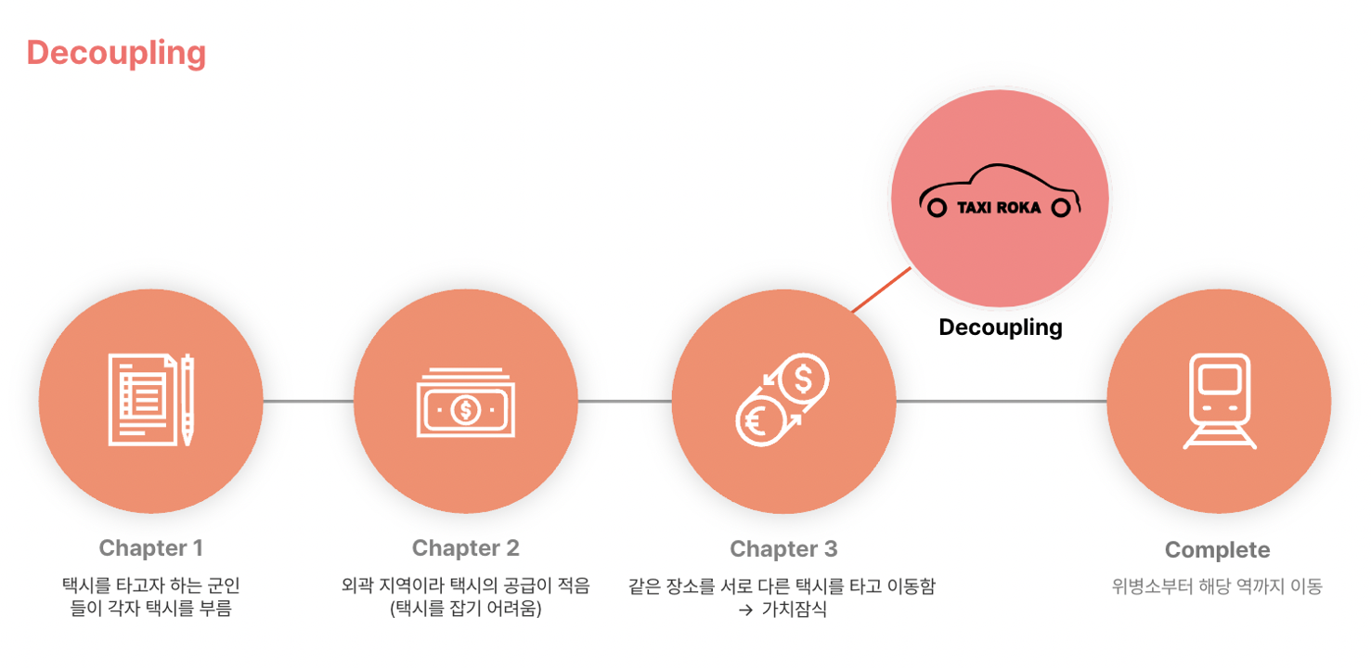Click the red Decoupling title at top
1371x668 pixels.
(116, 54)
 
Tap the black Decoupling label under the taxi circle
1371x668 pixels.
(1000, 328)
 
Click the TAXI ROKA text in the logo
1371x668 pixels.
(999, 208)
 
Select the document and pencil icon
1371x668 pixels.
(150, 400)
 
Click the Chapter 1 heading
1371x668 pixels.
(150, 548)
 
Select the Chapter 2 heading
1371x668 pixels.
(465, 548)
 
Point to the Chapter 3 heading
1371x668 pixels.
(783, 549)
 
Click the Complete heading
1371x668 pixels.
(1217, 550)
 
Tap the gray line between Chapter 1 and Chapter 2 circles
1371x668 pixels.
(308, 402)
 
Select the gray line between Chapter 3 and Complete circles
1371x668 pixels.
(1001, 402)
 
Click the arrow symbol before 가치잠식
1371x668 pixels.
(745, 611)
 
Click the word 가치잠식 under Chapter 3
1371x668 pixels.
(794, 610)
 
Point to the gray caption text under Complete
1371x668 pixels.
(1217, 586)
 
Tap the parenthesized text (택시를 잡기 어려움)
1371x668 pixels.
(465, 610)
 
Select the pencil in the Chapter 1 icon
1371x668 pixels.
(188, 400)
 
